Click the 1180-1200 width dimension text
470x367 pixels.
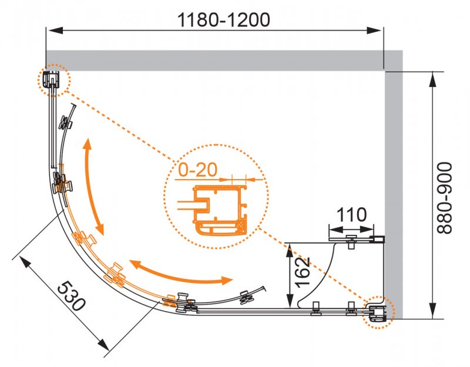[x=224, y=19]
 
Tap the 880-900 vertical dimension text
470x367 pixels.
[x=448, y=197]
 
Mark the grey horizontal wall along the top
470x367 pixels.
[x=217, y=60]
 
